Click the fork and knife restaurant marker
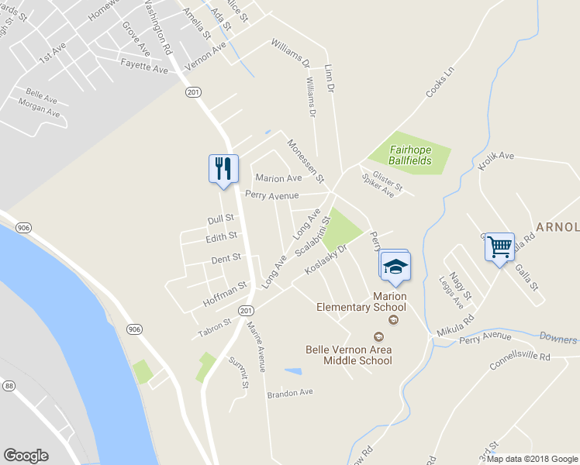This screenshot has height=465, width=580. (223, 169)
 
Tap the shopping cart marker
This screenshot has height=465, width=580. (500, 248)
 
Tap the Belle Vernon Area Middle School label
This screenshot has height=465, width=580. (348, 355)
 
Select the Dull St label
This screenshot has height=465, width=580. (220, 219)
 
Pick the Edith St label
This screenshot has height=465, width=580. (221, 237)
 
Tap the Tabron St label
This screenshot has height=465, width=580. (214, 328)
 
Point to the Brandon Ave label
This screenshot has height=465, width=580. (290, 393)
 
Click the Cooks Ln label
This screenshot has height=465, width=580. (438, 84)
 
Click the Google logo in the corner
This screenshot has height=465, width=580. (26, 456)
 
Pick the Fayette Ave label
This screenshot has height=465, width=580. (144, 70)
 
